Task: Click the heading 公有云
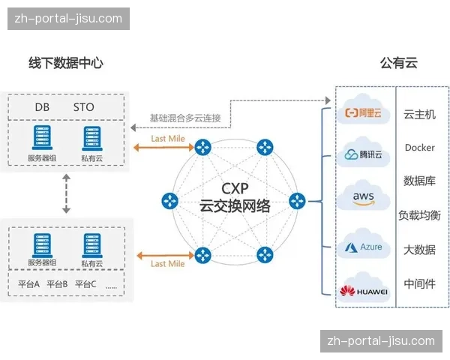click(x=398, y=63)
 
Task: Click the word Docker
click(x=419, y=148)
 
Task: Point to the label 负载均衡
click(x=419, y=215)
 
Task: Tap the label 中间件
click(x=419, y=283)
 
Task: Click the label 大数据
click(x=419, y=250)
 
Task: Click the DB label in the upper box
click(x=42, y=107)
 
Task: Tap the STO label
click(x=84, y=107)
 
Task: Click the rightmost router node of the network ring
click(x=298, y=201)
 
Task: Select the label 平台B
click(x=57, y=284)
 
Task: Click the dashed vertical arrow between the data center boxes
click(x=66, y=194)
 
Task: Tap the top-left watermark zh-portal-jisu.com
click(x=68, y=19)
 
